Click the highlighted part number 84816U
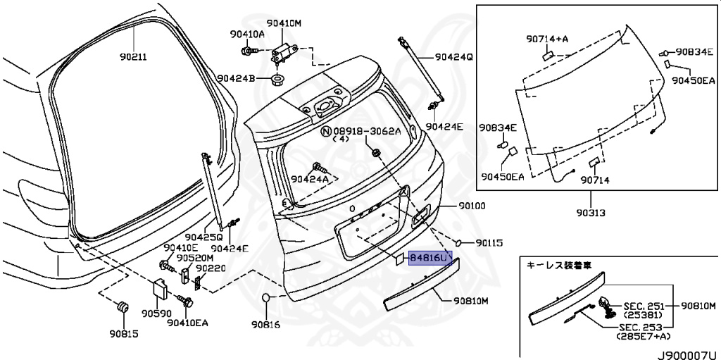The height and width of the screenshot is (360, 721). (x=429, y=259)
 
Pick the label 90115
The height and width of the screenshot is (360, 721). (x=489, y=242)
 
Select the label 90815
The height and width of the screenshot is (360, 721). (x=124, y=333)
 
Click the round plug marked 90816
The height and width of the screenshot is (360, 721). (x=267, y=298)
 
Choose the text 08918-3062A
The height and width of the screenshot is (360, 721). (x=366, y=131)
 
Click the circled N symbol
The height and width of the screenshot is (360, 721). (x=325, y=131)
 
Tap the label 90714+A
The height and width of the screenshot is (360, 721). (x=546, y=39)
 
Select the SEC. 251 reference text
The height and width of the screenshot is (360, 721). (x=643, y=305)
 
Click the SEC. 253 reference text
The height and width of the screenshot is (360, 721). (x=643, y=328)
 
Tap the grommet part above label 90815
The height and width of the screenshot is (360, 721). (x=123, y=307)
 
